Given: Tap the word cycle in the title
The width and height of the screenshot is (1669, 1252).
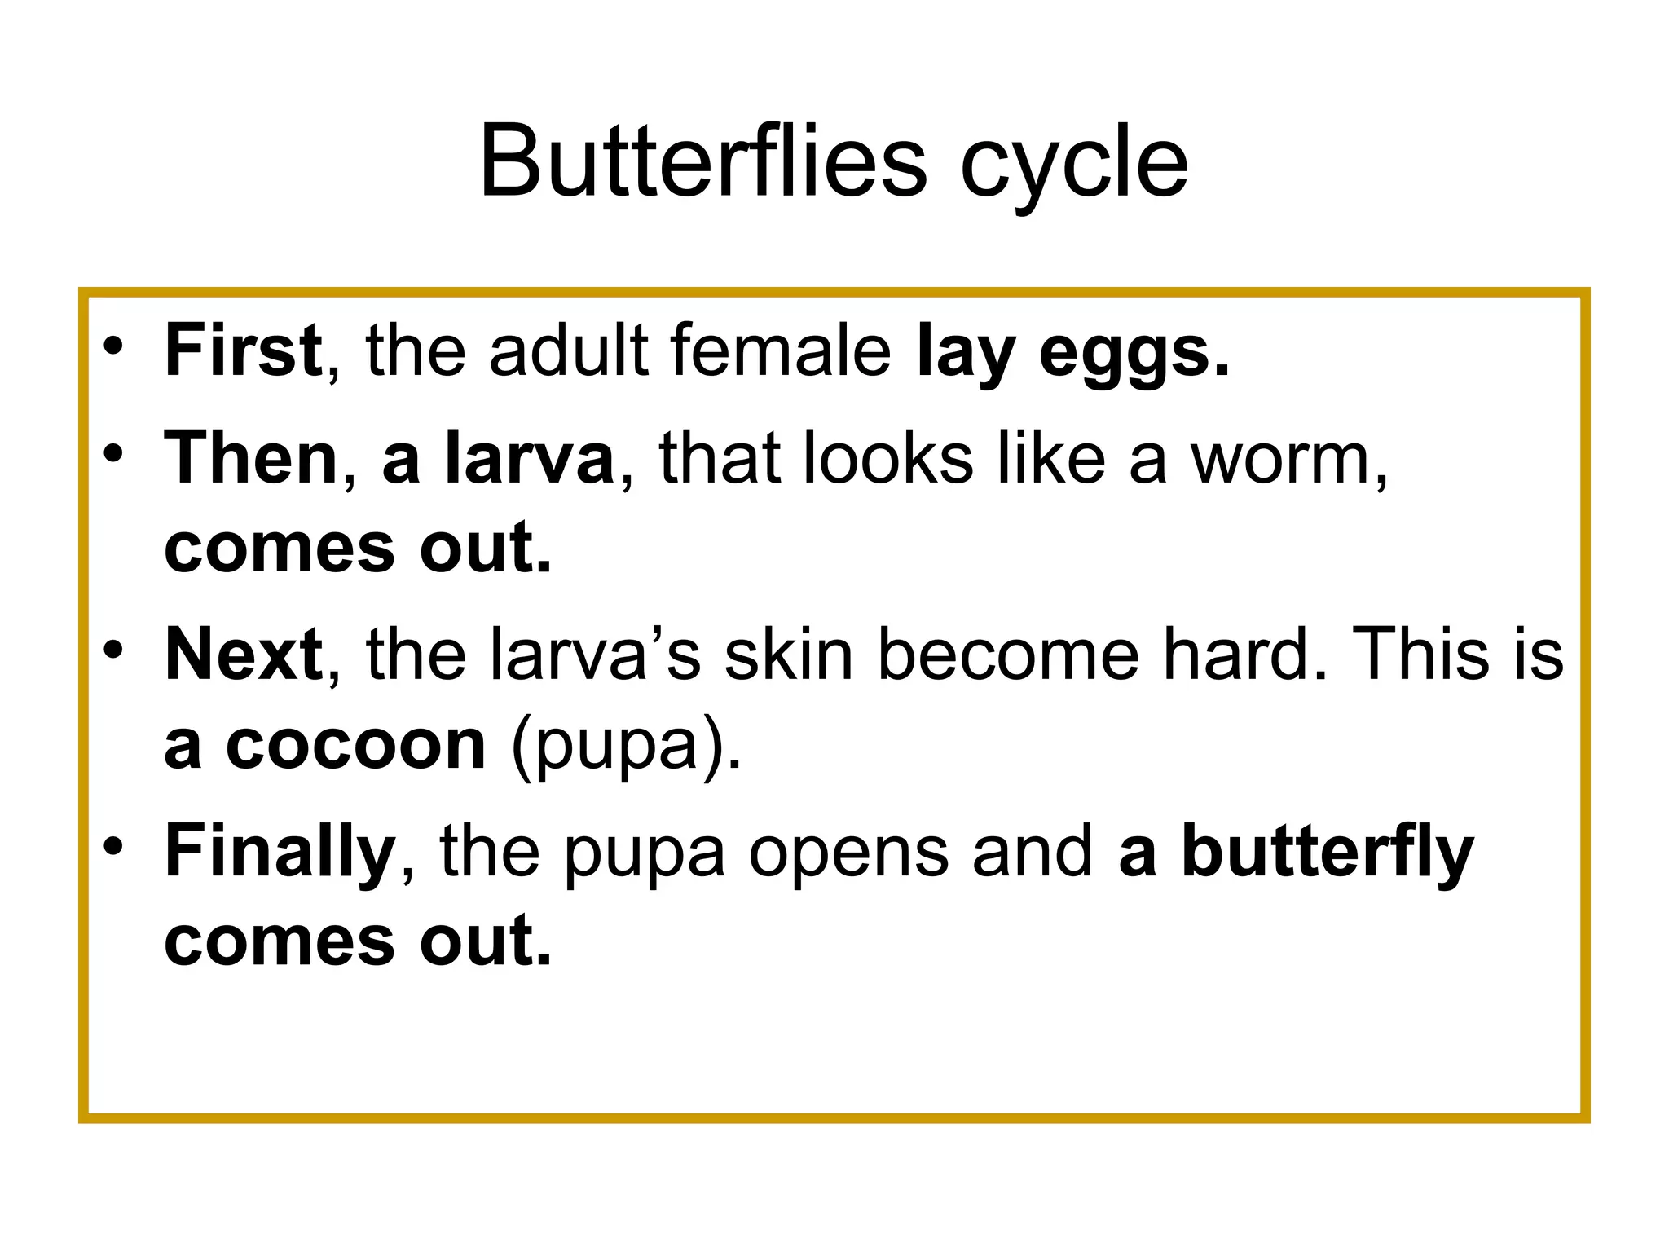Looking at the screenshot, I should click(1074, 167).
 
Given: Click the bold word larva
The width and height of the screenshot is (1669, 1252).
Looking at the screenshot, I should click(530, 458).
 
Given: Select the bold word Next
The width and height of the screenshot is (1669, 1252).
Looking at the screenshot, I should click(244, 654).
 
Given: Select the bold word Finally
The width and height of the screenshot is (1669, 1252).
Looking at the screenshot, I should click(280, 853).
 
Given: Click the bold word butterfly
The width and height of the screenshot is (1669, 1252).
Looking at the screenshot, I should click(1328, 853).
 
